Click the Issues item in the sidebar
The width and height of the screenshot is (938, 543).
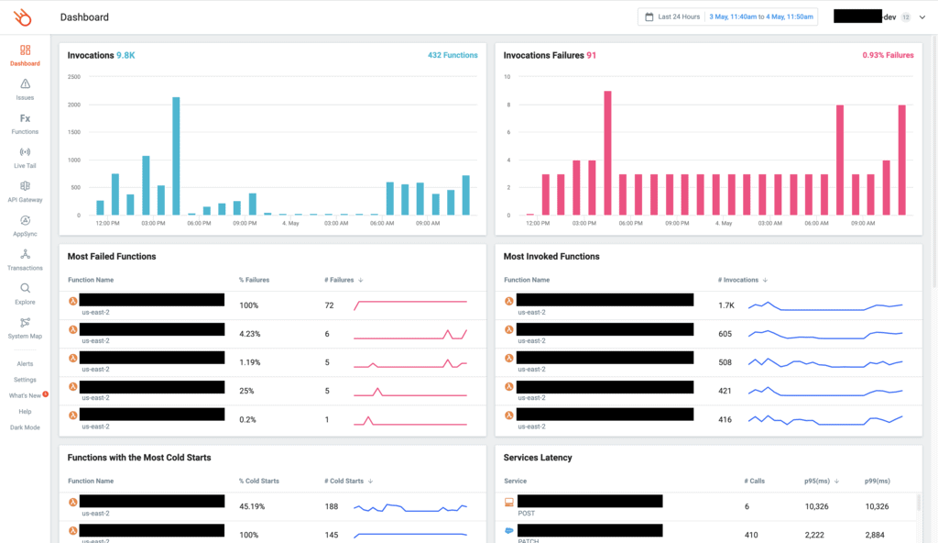25,89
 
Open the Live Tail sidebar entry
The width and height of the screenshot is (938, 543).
25,157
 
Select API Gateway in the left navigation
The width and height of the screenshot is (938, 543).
25,191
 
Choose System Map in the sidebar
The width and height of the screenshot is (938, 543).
25,327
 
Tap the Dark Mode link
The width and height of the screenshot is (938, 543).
25,427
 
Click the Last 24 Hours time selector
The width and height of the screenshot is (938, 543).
672,17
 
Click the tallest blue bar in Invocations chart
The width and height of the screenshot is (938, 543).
176,156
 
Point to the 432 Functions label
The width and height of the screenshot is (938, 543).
453,55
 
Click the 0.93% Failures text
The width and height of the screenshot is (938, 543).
888,55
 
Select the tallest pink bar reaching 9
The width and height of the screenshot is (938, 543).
607,153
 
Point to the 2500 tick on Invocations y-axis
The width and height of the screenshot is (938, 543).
74,77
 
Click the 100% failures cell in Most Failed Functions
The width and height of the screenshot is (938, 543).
249,305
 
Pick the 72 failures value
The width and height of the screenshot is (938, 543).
329,305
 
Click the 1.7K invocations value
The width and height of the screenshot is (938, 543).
725,305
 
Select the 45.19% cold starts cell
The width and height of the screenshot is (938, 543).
252,506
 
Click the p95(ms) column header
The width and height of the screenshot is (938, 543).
818,481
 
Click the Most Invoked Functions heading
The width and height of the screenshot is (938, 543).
551,257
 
